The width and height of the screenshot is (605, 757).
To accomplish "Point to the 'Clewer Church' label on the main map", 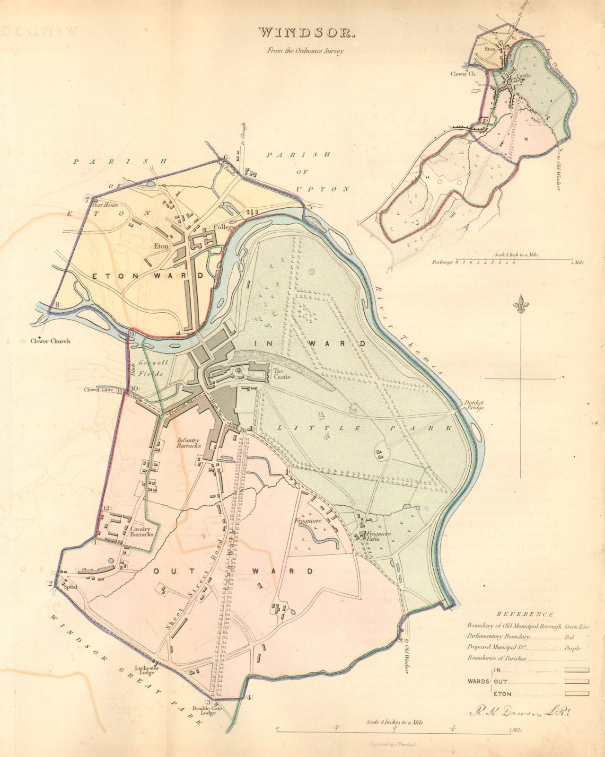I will pyautogui.click(x=50, y=341).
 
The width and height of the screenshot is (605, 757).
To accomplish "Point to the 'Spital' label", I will pyautogui.click(x=70, y=587).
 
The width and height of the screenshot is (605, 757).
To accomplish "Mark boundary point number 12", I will pyautogui.click(x=106, y=508).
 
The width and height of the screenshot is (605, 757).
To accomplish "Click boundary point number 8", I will pyautogui.click(x=58, y=305).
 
